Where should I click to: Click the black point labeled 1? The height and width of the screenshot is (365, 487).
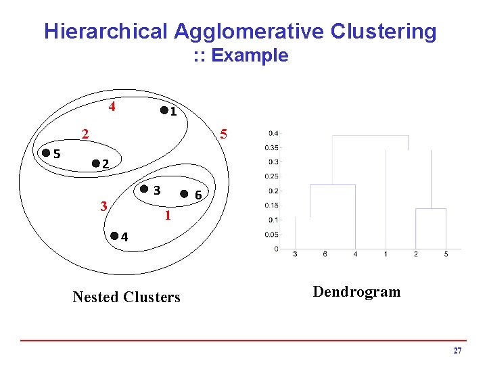point(164,110)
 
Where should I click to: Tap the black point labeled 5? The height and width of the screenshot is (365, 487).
point(45,153)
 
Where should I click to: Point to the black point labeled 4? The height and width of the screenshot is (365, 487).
point(114,236)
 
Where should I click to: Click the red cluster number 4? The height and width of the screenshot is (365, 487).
point(112,106)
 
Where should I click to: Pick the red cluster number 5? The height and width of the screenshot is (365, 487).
point(227,135)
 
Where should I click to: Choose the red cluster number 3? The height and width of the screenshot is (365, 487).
point(103,205)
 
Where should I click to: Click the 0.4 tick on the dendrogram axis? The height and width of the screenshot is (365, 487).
point(272,132)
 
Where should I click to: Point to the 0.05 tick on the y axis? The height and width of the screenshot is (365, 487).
point(271,235)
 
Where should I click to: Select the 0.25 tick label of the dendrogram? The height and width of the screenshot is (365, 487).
point(271,176)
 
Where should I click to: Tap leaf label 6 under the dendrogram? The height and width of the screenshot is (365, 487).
point(325,254)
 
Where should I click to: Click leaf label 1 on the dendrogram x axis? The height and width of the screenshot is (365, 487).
point(386,254)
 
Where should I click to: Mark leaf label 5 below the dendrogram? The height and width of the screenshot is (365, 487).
point(446,254)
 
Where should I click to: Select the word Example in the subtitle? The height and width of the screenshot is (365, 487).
point(250,55)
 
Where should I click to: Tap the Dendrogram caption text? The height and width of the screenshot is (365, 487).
point(356,292)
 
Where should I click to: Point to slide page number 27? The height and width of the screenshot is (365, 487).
point(457,351)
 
